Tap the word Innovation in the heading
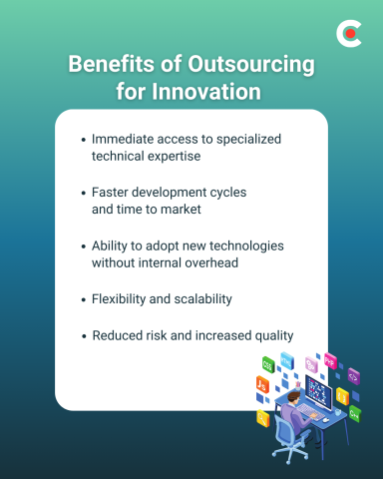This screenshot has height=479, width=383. coord(208,92)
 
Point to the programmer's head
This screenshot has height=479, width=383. coord(292,396)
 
